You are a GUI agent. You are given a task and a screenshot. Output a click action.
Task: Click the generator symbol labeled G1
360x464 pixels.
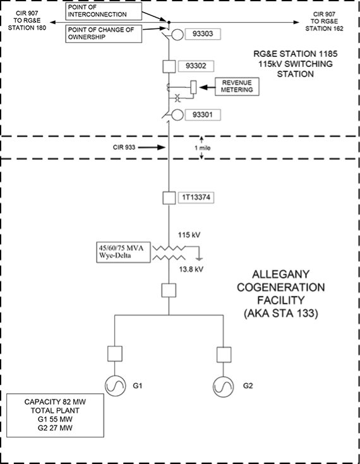coord(115,386)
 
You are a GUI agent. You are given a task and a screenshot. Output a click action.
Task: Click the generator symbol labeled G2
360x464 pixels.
coord(223,386)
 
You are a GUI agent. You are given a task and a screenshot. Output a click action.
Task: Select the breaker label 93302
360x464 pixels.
coord(196,66)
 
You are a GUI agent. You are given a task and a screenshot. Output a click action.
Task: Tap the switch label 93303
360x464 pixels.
coord(203,34)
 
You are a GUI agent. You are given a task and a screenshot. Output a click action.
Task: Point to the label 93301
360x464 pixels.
coord(203,114)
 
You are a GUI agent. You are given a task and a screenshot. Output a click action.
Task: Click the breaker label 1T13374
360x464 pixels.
coord(196,197)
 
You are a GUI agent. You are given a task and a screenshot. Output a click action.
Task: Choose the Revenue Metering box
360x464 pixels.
coord(237,87)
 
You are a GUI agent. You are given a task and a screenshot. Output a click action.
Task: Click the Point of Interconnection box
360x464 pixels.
coord(104,11)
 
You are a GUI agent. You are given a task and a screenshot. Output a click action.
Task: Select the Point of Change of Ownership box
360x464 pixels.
coord(104,34)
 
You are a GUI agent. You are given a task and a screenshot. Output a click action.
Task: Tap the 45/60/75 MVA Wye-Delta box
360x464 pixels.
coord(123,252)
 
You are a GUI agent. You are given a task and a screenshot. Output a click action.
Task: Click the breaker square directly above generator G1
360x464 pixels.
coord(115,353)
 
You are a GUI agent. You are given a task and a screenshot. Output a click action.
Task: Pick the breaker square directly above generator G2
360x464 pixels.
coord(224,355)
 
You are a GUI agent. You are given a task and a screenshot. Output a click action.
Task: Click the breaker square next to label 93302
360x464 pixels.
coord(169,66)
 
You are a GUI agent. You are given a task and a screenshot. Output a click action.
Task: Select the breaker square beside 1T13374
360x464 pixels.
coord(169,198)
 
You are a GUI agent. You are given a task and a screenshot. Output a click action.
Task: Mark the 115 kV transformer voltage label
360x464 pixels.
coord(189,235)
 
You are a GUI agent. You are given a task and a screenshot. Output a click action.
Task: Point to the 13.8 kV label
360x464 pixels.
coord(191,269)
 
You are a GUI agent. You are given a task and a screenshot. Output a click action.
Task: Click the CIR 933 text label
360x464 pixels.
coord(124,147)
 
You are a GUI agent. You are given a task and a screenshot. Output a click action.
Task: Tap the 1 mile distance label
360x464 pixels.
coord(203,148)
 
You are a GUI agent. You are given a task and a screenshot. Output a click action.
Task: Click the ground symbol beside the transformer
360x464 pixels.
coord(200,259)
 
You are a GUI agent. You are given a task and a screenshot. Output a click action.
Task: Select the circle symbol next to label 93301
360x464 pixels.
coord(177,115)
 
